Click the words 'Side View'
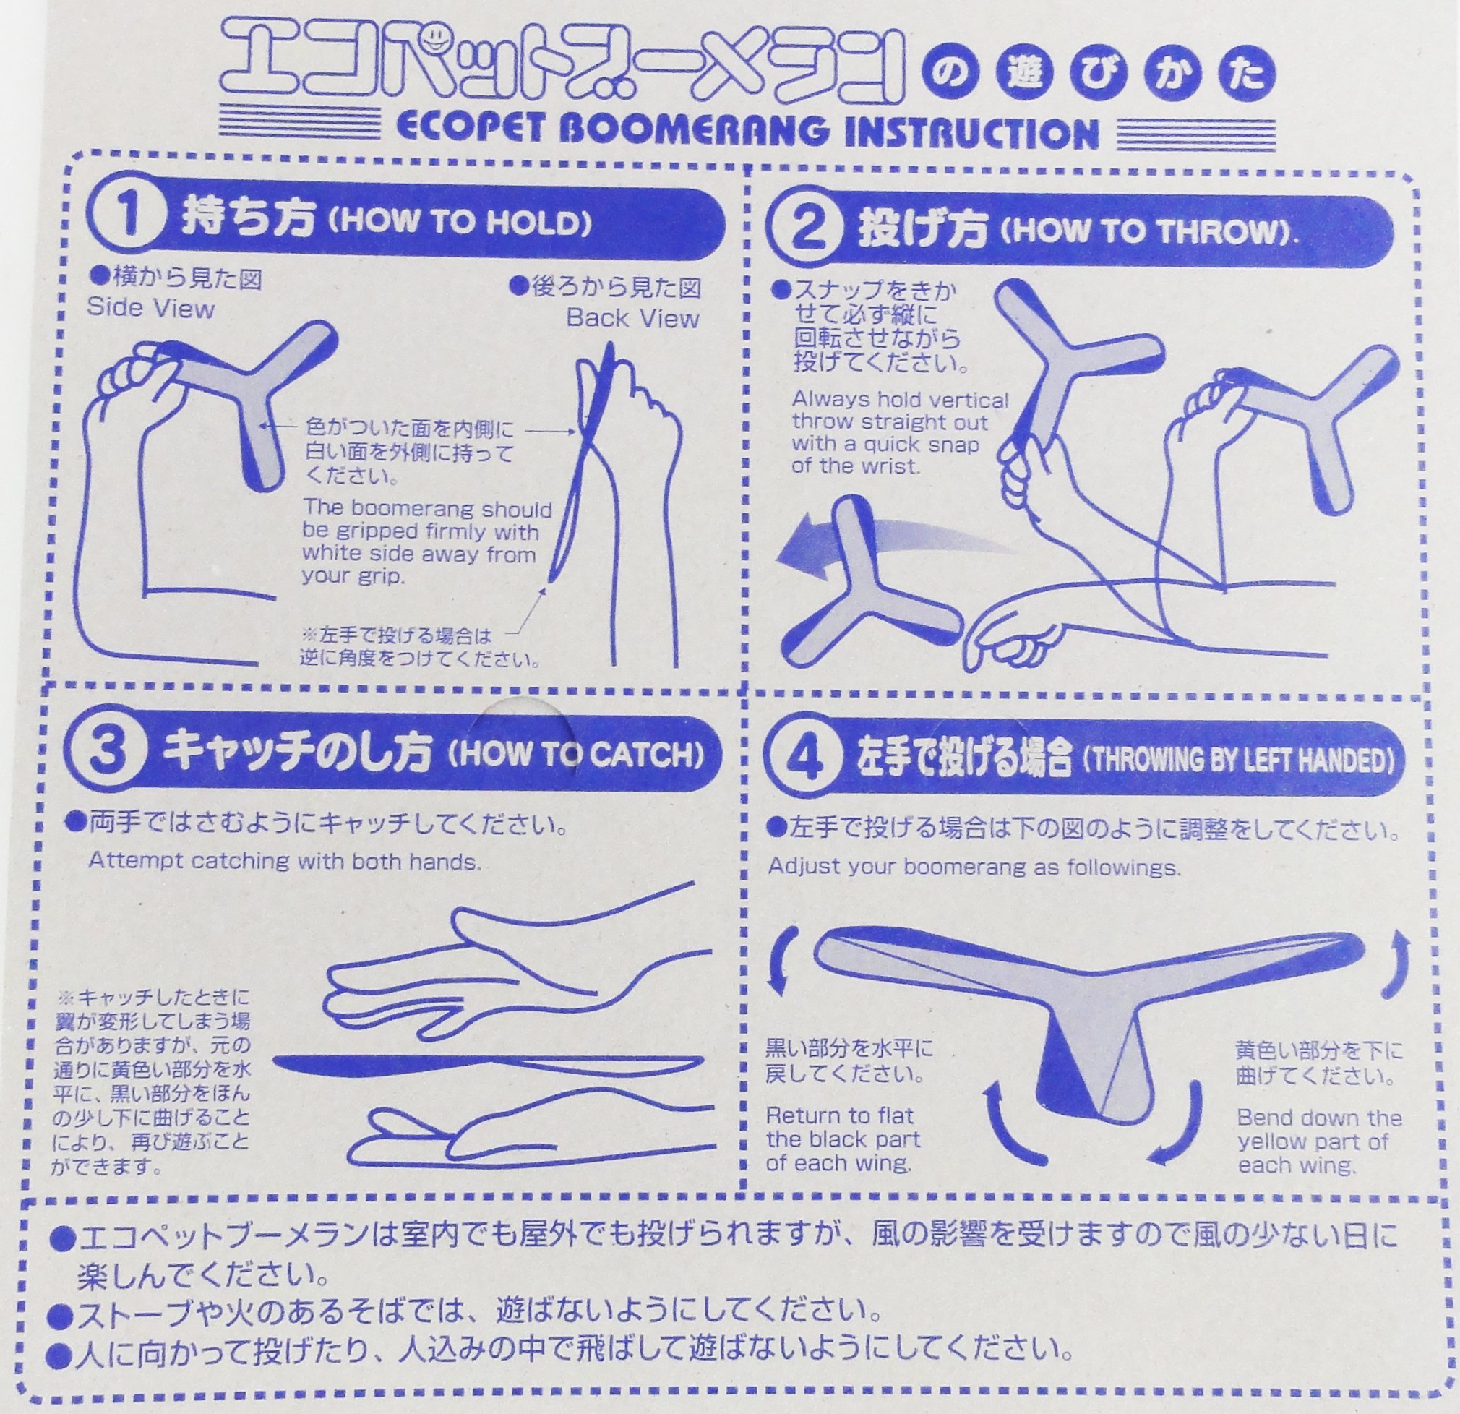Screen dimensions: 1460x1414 coord(151,308)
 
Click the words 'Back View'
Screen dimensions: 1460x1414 coord(632,318)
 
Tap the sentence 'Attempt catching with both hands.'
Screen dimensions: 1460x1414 coord(285,861)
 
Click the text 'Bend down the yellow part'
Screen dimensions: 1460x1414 coord(1319,1150)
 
